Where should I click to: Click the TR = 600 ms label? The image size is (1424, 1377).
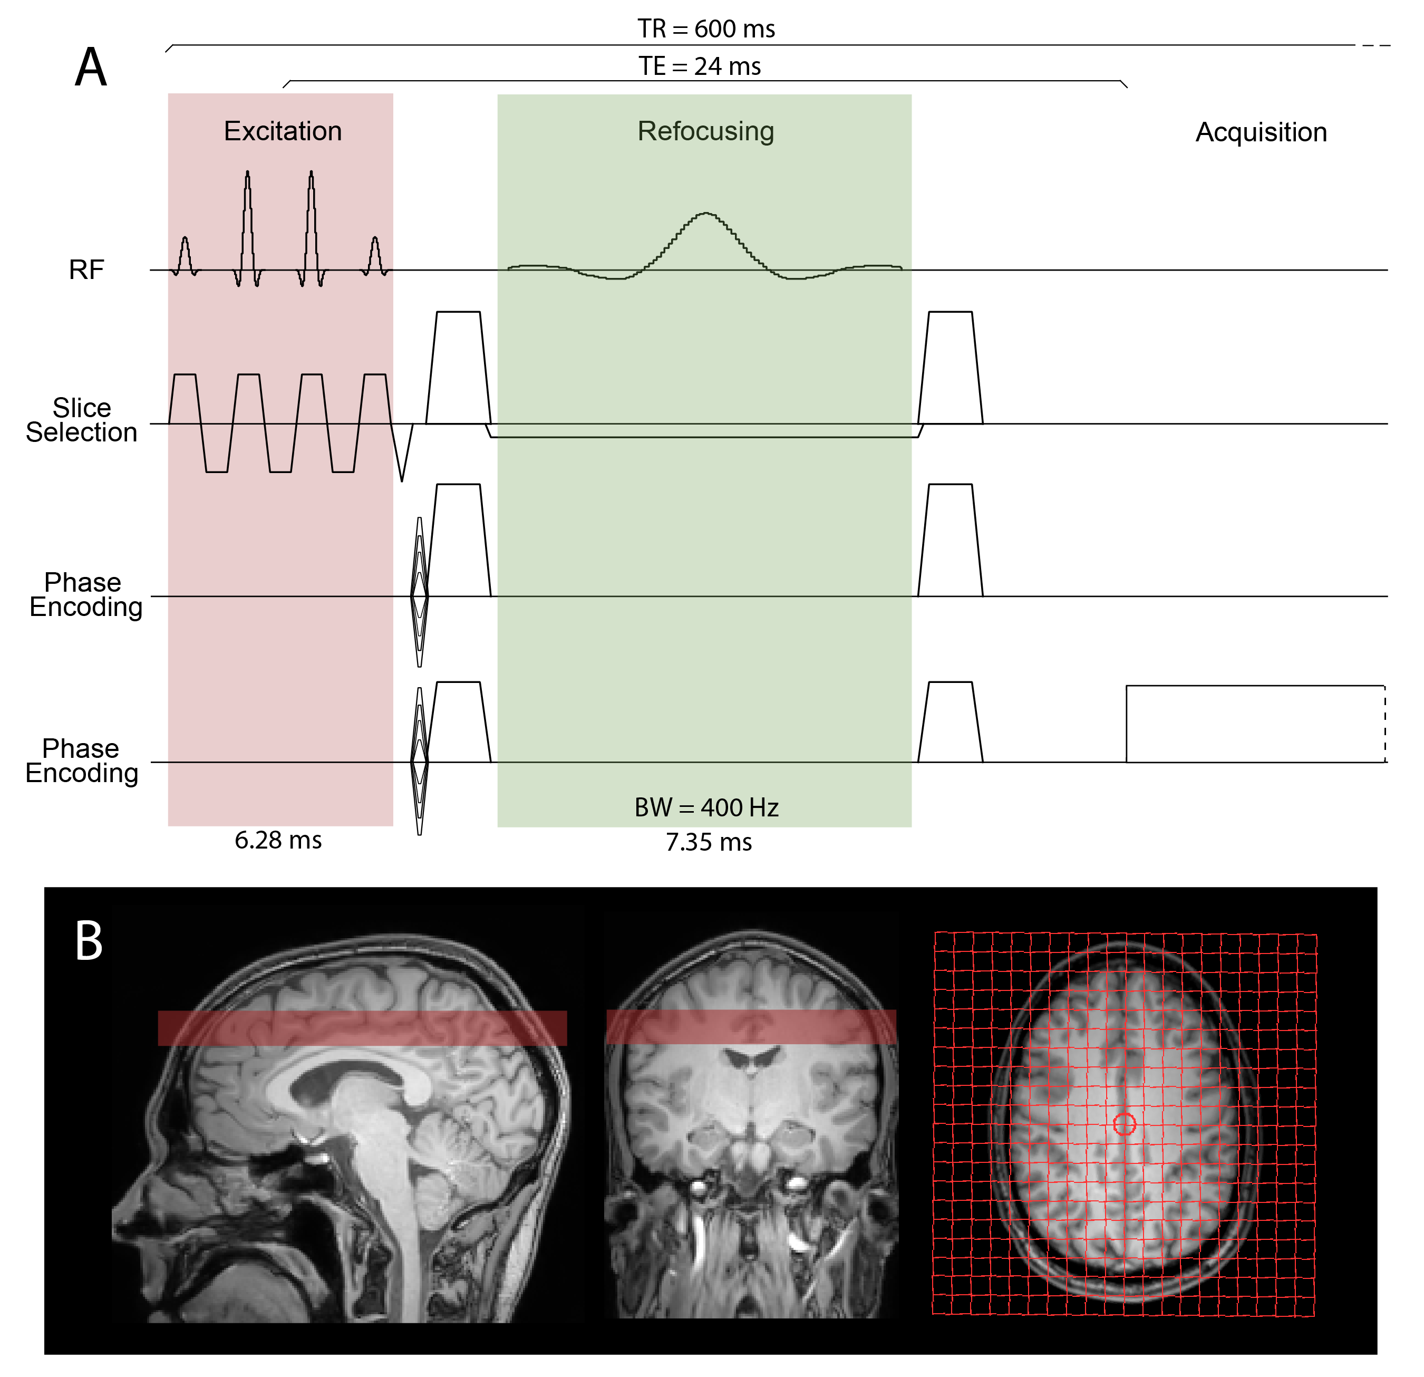tap(705, 29)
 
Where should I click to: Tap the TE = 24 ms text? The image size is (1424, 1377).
tap(700, 66)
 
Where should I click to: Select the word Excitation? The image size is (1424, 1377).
tap(283, 131)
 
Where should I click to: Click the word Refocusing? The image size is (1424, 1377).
tap(705, 131)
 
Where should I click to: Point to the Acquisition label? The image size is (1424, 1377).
tap(1261, 132)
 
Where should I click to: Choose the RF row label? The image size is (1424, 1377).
tap(86, 269)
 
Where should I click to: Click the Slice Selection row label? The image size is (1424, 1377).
tap(81, 420)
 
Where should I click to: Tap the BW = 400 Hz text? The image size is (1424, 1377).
tap(706, 807)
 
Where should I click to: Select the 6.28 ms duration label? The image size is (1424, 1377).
tap(278, 840)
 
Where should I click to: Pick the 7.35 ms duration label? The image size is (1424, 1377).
tap(709, 842)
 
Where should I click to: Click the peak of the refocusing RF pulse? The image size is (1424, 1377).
tap(705, 214)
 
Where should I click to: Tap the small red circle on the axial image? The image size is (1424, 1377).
tap(1124, 1124)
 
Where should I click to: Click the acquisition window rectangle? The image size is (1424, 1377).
tap(1255, 724)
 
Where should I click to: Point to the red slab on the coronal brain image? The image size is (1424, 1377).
tap(751, 1027)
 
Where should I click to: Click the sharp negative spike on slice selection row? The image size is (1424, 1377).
tap(402, 465)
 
